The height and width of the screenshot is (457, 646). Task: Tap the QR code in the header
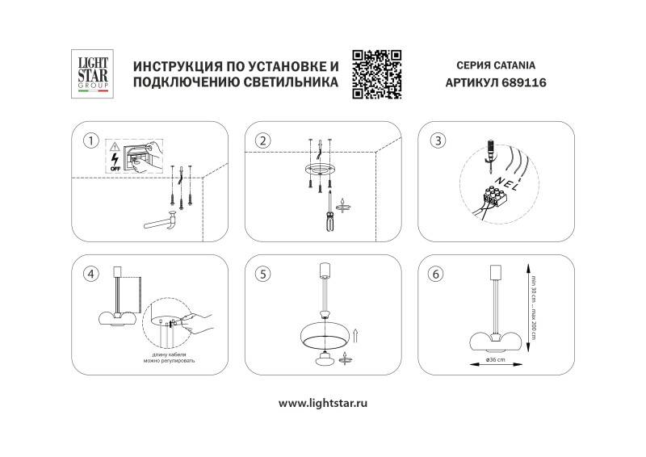point(377,73)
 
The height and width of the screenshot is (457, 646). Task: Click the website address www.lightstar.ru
point(323,402)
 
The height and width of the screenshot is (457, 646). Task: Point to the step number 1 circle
point(92,141)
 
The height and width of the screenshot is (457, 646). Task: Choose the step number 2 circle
point(262,140)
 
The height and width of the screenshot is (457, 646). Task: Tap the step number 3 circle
point(437,140)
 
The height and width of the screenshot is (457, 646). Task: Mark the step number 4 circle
point(92,273)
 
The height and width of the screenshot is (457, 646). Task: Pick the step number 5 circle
point(262,274)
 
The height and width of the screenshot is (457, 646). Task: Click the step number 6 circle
point(437,274)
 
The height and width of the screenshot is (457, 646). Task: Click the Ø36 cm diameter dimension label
point(494,360)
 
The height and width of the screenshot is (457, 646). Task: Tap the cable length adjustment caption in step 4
point(173,358)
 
